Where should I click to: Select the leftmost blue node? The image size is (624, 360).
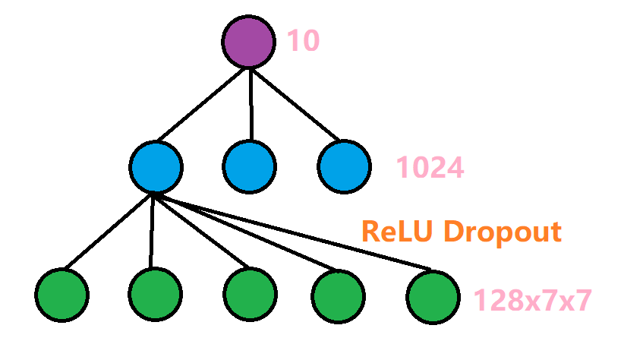(x=155, y=166)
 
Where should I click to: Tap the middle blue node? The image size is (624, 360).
(x=250, y=166)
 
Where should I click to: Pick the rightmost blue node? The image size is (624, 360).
(x=344, y=166)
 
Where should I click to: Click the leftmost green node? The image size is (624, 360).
(x=61, y=293)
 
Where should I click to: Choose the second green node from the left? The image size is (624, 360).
(x=155, y=293)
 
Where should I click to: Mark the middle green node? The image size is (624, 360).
(x=250, y=293)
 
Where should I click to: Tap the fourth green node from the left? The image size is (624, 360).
(x=338, y=293)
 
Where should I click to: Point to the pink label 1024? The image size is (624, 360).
(x=430, y=168)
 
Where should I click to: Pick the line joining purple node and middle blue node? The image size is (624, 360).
(x=250, y=103)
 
